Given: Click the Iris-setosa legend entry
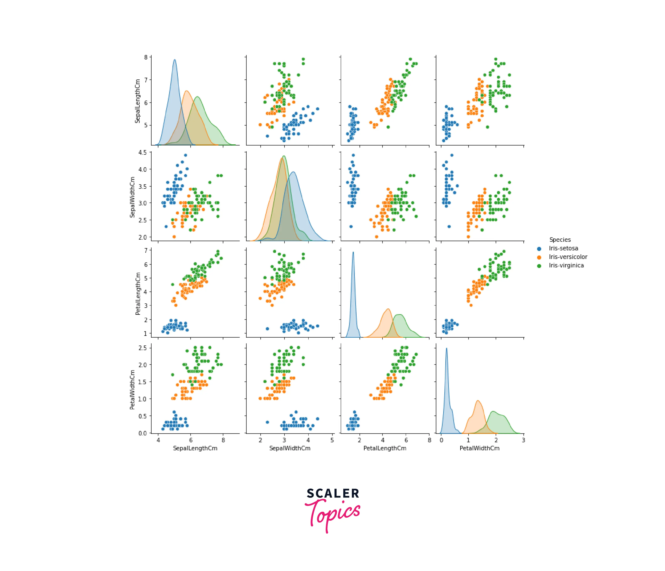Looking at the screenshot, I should coord(563,248).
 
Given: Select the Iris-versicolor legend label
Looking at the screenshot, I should coord(568,257).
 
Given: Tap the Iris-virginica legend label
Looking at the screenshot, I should coord(566,265).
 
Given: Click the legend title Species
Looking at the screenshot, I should coord(560,240).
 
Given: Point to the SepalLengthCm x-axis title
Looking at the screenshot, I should coord(195,448).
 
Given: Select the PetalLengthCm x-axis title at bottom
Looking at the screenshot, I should coord(385,448).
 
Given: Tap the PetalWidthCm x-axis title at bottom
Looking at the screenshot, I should coord(480,448).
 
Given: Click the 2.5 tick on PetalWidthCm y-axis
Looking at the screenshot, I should coord(143,348).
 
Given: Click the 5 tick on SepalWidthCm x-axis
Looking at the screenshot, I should coord(332,440).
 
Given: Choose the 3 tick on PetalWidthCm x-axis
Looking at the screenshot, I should coord(523,440).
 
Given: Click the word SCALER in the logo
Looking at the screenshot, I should coord(333,493).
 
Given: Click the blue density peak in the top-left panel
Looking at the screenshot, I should coord(175,60).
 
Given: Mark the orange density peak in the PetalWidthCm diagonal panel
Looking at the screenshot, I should coord(478,401).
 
